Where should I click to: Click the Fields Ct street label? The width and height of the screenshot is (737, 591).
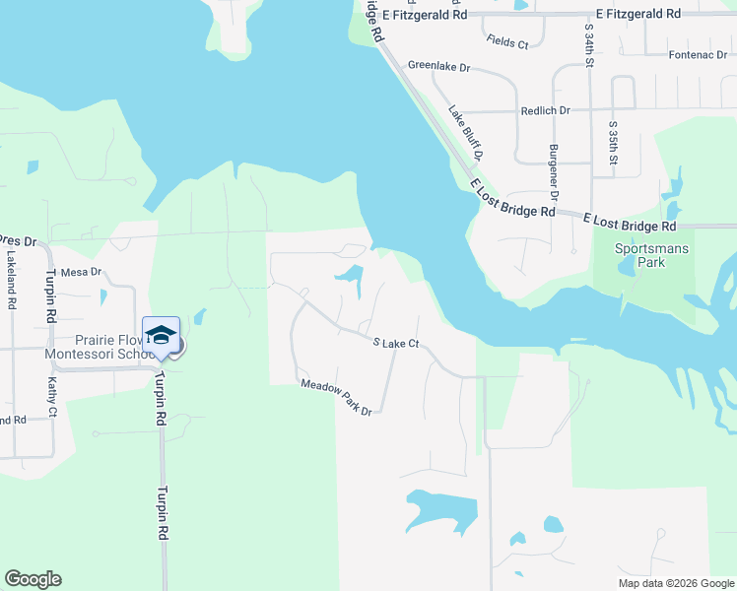point(507,41)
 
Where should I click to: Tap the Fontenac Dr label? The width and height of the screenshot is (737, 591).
point(697,54)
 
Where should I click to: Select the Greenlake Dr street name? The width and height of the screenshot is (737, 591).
point(438,67)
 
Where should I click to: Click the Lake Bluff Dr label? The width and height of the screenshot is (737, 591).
point(466,133)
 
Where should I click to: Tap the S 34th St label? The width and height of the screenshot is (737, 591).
point(588,47)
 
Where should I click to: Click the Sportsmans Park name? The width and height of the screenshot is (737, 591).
point(651,255)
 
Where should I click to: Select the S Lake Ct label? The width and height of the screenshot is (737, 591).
point(397,343)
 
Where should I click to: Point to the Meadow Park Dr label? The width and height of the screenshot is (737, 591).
point(336,397)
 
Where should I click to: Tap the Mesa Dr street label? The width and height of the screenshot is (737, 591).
point(81,271)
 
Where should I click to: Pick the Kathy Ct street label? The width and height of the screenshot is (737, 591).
point(52,398)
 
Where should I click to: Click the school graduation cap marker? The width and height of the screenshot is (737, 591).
point(161,335)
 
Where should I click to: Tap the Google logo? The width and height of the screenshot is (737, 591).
point(33,579)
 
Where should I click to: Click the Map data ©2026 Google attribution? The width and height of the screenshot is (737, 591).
point(675,583)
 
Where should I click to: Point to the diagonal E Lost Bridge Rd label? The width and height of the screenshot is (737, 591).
point(510,199)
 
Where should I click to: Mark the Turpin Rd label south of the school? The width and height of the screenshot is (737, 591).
point(161,512)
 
